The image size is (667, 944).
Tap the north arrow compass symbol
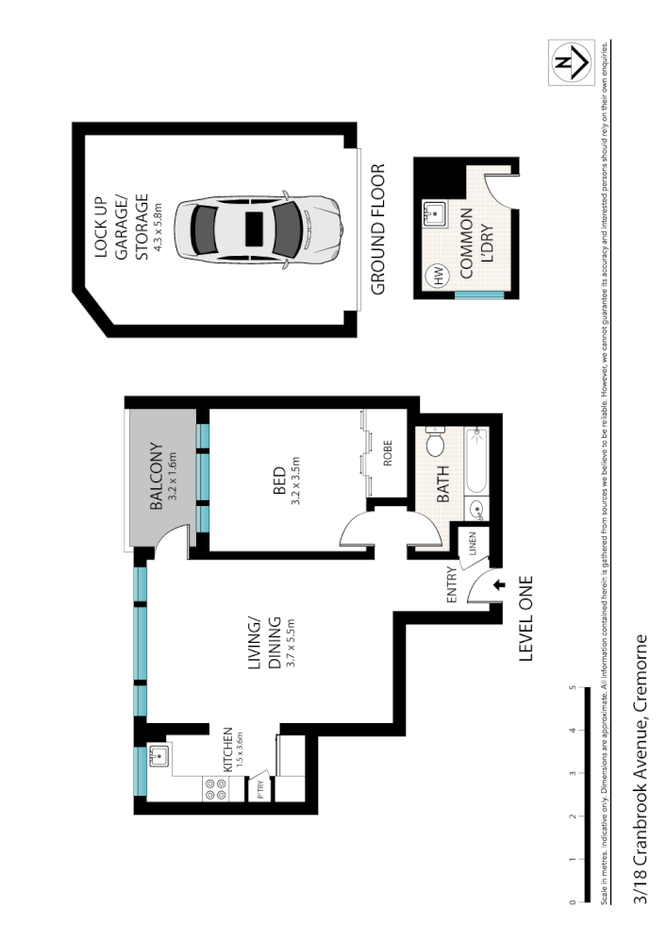[571, 63]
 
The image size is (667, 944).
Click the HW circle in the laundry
[438, 277]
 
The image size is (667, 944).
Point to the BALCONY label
[157, 478]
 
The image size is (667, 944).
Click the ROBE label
[387, 456]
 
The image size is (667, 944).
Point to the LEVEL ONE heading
[525, 619]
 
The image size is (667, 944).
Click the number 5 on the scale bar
[574, 688]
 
